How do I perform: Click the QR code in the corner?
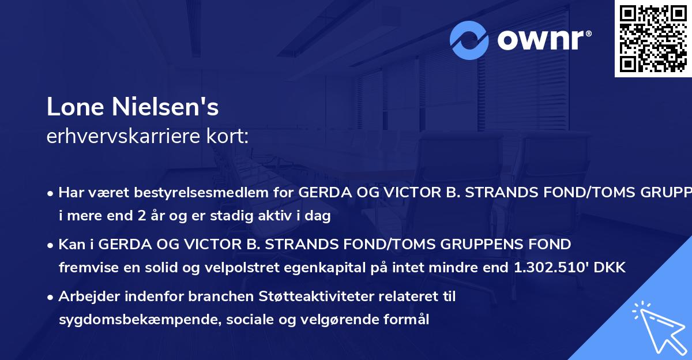click(653, 39)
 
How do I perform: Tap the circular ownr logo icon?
click(470, 40)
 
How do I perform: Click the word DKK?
click(611, 267)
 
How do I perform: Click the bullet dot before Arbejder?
click(51, 297)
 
